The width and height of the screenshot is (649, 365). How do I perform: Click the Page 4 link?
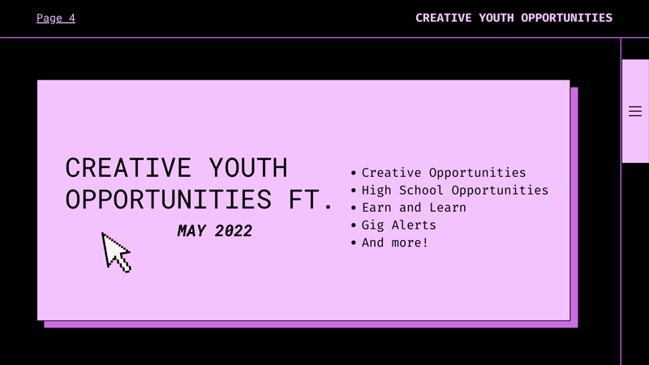click(x=56, y=18)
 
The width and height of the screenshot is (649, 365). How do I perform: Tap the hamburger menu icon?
click(x=635, y=111)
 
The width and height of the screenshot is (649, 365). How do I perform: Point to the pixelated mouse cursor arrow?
click(x=115, y=251)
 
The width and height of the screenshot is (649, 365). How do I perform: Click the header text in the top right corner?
click(x=514, y=18)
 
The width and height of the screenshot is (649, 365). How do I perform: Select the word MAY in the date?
click(x=191, y=231)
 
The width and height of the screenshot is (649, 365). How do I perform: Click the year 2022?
click(x=234, y=231)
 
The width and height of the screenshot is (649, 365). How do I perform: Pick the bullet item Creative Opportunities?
click(x=444, y=173)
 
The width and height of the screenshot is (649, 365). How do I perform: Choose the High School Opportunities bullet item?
click(x=454, y=191)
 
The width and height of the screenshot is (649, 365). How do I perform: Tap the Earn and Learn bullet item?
click(x=414, y=208)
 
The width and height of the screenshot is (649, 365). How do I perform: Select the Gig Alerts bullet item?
click(x=398, y=225)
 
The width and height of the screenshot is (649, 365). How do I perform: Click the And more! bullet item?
click(x=395, y=243)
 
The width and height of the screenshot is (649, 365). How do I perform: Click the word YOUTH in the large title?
click(x=248, y=168)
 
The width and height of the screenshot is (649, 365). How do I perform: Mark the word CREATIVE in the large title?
click(x=129, y=168)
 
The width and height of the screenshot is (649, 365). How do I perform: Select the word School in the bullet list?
click(x=420, y=191)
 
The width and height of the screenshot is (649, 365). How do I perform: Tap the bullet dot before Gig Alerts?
click(x=354, y=225)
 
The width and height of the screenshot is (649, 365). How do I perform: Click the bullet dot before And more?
click(x=354, y=243)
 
